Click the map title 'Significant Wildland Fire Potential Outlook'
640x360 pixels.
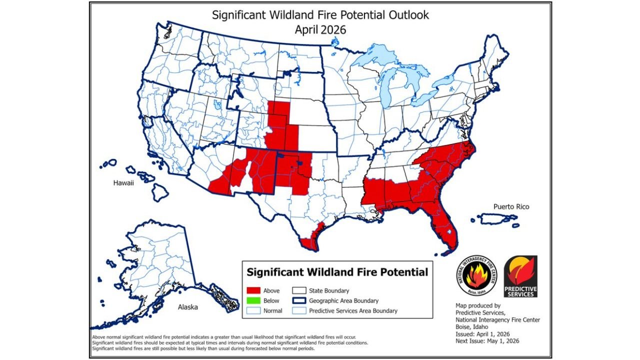[320, 15]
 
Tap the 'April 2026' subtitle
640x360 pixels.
[320, 29]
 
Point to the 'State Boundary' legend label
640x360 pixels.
[329, 290]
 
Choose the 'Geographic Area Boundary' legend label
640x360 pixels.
[343, 301]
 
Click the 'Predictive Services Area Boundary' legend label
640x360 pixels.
[353, 311]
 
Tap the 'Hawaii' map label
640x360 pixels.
[123, 183]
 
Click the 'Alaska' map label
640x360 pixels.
[188, 307]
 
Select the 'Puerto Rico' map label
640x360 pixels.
[511, 206]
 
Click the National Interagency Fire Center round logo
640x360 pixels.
[477, 275]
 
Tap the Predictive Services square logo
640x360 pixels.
[520, 276]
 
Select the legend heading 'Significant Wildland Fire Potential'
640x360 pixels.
[337, 272]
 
